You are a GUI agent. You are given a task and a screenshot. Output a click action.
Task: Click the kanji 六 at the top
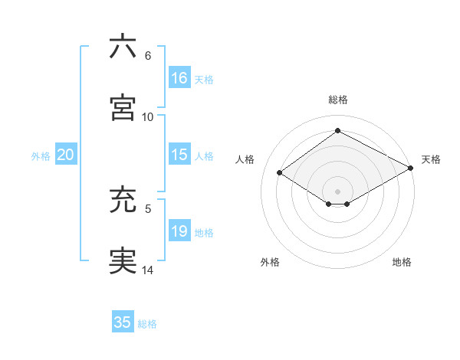123,47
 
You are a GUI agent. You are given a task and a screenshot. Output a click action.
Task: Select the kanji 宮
123,108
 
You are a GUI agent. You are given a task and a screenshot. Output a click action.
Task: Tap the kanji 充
123,200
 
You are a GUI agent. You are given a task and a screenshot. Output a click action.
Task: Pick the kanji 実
123,261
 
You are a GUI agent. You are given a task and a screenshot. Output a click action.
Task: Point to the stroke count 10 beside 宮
148,116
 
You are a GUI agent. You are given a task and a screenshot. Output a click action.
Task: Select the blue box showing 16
179,78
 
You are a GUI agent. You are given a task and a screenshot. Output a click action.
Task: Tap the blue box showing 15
179,155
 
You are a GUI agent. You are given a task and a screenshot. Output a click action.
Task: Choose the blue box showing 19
179,231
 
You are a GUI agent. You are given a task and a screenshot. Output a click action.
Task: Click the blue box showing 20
65,155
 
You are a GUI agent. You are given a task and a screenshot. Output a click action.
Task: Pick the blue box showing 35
123,322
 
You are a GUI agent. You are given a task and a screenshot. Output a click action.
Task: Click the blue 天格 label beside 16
204,79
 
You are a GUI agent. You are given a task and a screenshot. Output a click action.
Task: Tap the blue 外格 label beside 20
41,155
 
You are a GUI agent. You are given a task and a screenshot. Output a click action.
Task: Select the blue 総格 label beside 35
147,323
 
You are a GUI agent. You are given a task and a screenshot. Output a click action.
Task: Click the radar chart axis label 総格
338,100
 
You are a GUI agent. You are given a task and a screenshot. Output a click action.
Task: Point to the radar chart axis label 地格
402,262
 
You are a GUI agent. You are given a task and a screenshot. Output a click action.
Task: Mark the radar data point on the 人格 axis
280,173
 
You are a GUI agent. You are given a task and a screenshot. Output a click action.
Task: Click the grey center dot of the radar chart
338,191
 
